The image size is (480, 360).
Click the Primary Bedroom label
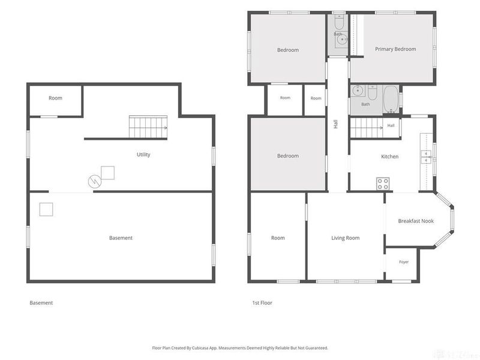(x=395, y=49)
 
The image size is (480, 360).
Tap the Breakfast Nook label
(x=416, y=221)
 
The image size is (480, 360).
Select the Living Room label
(x=346, y=238)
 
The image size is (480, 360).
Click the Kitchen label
(x=389, y=157)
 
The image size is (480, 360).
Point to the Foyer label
(x=404, y=262)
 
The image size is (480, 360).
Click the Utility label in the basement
(x=143, y=155)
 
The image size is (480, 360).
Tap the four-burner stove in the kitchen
(x=383, y=184)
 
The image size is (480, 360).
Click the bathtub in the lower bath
(x=391, y=99)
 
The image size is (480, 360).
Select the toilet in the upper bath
(x=339, y=22)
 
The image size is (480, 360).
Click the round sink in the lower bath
(x=357, y=91)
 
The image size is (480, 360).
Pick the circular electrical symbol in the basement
(x=95, y=182)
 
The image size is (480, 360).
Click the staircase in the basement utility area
(x=148, y=127)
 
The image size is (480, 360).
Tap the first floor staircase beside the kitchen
(x=367, y=128)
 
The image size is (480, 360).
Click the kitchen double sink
(x=426, y=157)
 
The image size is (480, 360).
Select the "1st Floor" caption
(x=262, y=303)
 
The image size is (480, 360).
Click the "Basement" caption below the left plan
(x=41, y=303)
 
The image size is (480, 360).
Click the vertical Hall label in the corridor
(x=336, y=124)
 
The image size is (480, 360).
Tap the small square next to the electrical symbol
(x=108, y=173)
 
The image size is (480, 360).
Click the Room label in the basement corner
(x=55, y=98)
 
